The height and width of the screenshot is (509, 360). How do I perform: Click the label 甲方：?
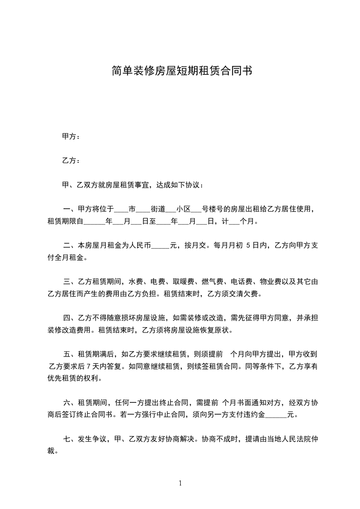(71, 136)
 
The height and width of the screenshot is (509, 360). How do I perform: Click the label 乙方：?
(71, 161)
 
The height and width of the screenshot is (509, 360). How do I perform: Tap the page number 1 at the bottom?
(180, 483)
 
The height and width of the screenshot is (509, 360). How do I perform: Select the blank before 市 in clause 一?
(121, 210)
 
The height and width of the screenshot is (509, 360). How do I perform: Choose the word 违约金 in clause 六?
(252, 414)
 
